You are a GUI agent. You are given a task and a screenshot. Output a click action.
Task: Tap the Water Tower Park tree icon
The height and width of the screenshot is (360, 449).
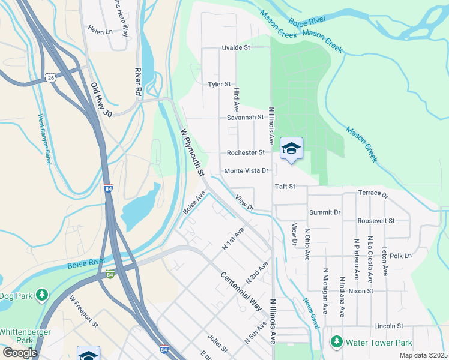coord(336,343)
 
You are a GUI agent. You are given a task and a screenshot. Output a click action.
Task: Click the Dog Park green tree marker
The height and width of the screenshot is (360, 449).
coord(41,295)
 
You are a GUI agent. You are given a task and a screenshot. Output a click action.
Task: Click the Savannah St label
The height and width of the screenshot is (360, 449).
coord(245,117)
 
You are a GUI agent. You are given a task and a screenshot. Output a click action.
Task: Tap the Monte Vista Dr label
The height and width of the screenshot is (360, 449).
coord(246,171)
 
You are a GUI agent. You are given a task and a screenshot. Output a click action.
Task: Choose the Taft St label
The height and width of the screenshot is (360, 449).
coord(285,187)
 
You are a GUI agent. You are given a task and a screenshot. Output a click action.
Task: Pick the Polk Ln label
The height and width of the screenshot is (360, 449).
coord(400,256)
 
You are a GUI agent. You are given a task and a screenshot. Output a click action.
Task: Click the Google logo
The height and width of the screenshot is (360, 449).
coord(20,353)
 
